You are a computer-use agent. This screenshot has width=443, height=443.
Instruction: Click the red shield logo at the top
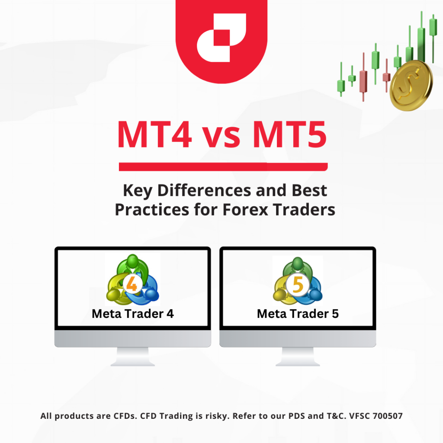pos(221,39)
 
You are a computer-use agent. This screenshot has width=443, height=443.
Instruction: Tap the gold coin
pos(411,85)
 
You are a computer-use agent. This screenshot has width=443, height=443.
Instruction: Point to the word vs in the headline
pos(225,138)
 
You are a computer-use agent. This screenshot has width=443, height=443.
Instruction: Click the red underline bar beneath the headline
pos(223,166)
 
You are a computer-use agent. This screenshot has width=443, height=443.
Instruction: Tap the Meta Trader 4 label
pos(133,314)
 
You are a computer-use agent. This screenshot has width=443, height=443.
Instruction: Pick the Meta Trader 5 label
pos(298,314)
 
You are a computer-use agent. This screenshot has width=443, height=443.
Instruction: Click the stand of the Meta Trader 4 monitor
pos(133,357)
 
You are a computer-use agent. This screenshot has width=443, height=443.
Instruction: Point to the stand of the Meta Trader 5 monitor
pos(298,357)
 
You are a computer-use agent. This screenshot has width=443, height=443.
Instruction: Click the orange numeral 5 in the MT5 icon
pos(298,285)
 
